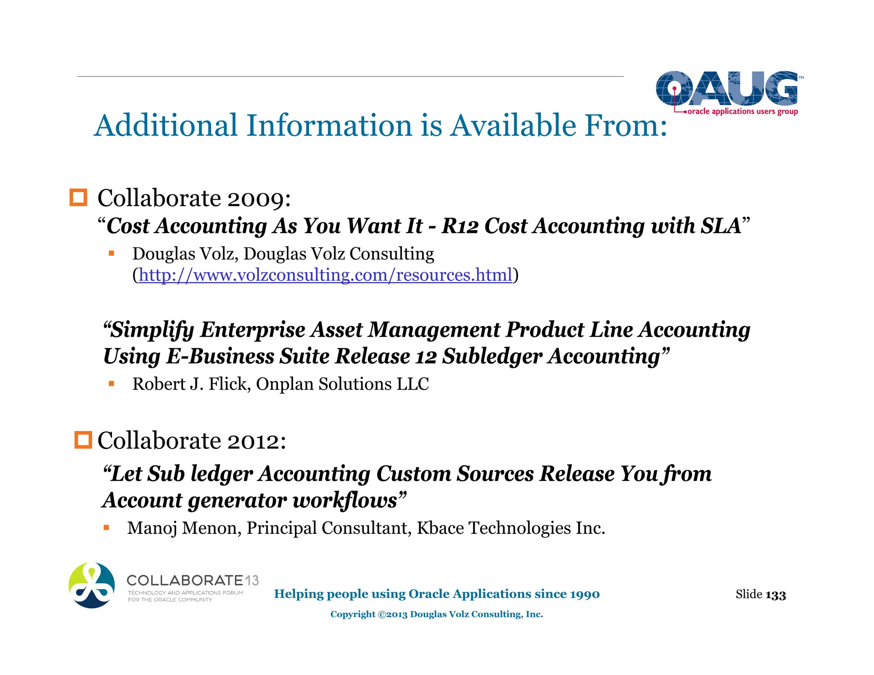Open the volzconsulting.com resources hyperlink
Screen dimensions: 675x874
[x=325, y=275]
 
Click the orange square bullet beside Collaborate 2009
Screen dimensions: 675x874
[x=78, y=198]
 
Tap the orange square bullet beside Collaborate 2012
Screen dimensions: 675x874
[x=83, y=440]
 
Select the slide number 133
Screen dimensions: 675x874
[x=775, y=595]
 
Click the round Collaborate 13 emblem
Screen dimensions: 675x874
[x=92, y=585]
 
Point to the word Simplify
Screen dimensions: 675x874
[x=153, y=330]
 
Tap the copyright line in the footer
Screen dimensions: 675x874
[x=437, y=614]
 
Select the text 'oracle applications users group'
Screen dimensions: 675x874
[x=743, y=111]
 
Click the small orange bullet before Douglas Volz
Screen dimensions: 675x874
[x=111, y=253]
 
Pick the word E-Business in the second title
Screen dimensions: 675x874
[x=220, y=356]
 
